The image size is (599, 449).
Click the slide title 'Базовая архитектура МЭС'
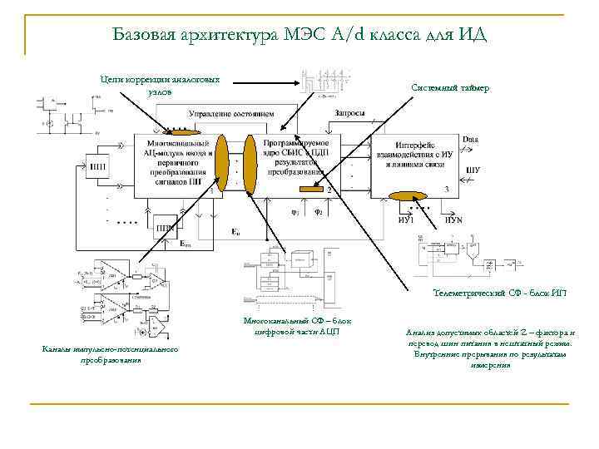click(x=299, y=34)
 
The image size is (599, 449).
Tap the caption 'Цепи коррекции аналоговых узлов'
click(x=160, y=85)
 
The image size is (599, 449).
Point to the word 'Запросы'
click(x=349, y=113)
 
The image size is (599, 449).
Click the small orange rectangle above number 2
click(x=310, y=191)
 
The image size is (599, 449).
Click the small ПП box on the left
click(x=99, y=165)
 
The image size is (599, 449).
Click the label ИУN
click(x=453, y=220)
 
